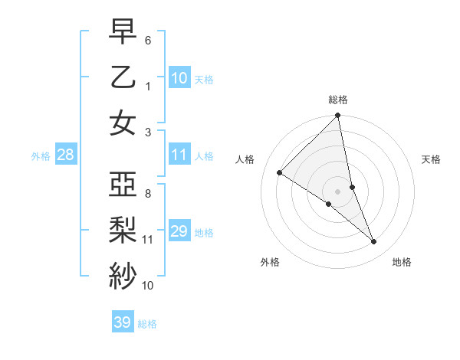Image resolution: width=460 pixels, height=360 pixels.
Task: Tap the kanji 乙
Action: coord(123,77)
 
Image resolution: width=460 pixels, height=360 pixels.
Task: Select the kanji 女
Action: coord(123,123)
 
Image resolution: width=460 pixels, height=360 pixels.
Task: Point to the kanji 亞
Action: coord(123,184)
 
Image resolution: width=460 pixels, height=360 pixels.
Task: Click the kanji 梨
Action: coord(123,230)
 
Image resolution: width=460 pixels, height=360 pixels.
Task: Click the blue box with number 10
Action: coord(179,77)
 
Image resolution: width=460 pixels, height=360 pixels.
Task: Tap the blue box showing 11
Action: coord(179,155)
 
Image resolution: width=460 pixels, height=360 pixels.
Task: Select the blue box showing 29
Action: coord(179,231)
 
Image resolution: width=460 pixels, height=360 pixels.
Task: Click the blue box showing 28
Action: coord(65,155)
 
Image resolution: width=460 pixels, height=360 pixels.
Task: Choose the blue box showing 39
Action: coord(122,322)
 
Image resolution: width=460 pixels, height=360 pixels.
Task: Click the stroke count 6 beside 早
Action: coord(148,39)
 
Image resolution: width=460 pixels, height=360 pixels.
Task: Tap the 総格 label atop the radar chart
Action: coord(338,100)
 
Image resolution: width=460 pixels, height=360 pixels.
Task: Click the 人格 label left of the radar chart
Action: coord(245,159)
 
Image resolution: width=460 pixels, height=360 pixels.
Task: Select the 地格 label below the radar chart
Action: coord(402,262)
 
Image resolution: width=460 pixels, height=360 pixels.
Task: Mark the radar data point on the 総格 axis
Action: coord(338,116)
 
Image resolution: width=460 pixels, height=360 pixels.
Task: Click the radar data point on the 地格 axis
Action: coord(374,241)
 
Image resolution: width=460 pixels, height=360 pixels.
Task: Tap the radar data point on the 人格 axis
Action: coord(280,173)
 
